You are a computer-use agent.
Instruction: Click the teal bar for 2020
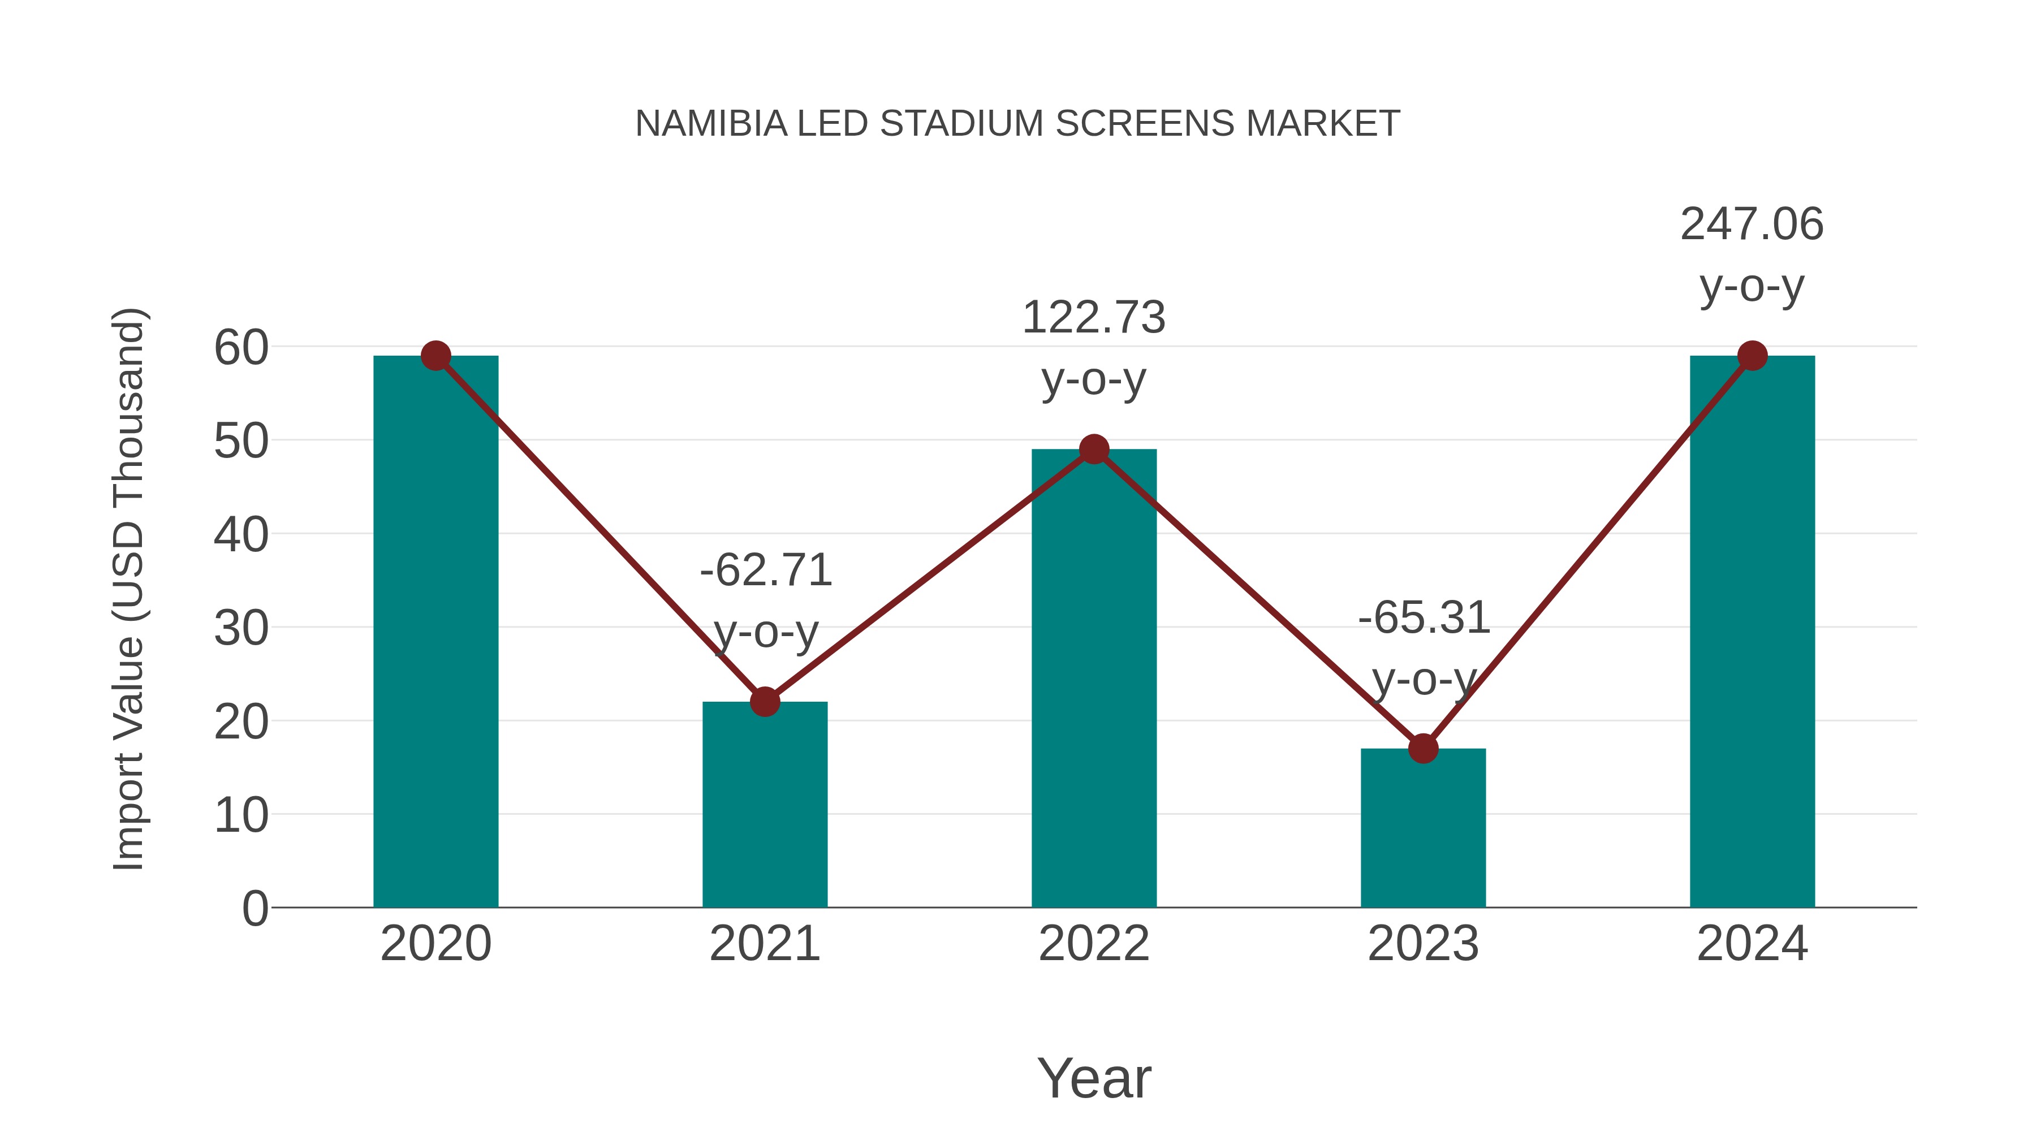[435, 632]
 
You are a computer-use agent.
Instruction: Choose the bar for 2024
[1752, 632]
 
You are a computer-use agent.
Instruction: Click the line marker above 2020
[435, 356]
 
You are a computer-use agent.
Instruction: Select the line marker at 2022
[1094, 449]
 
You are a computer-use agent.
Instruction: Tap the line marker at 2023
[1423, 748]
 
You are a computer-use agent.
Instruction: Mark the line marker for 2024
[1752, 356]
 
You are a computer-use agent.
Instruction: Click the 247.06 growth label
[1752, 224]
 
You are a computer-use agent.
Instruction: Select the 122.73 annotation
[1093, 318]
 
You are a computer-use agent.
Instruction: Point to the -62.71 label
[766, 571]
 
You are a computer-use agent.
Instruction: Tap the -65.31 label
[1424, 618]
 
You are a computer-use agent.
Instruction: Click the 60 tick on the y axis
[241, 348]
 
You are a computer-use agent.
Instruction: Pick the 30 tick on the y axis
[241, 629]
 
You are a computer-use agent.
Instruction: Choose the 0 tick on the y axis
[255, 909]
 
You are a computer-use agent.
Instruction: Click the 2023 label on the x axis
[1423, 944]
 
